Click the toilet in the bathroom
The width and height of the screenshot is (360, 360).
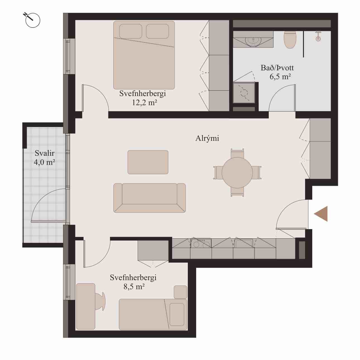290,39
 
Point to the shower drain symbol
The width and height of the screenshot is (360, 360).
318,39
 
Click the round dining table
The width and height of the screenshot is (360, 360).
237,173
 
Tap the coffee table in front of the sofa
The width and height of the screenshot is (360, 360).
148,162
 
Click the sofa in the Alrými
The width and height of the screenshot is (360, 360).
150,198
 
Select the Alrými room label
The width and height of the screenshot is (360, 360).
207,138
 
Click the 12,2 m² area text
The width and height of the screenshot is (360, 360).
144,103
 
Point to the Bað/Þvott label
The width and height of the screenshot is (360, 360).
277,68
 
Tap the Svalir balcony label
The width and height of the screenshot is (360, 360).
44,153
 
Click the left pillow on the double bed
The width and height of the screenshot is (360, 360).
131,31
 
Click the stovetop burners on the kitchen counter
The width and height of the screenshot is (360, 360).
201,243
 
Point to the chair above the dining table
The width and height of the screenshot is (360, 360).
237,153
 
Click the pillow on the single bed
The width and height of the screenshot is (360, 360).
177,314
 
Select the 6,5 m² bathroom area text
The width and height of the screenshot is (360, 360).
280,76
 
